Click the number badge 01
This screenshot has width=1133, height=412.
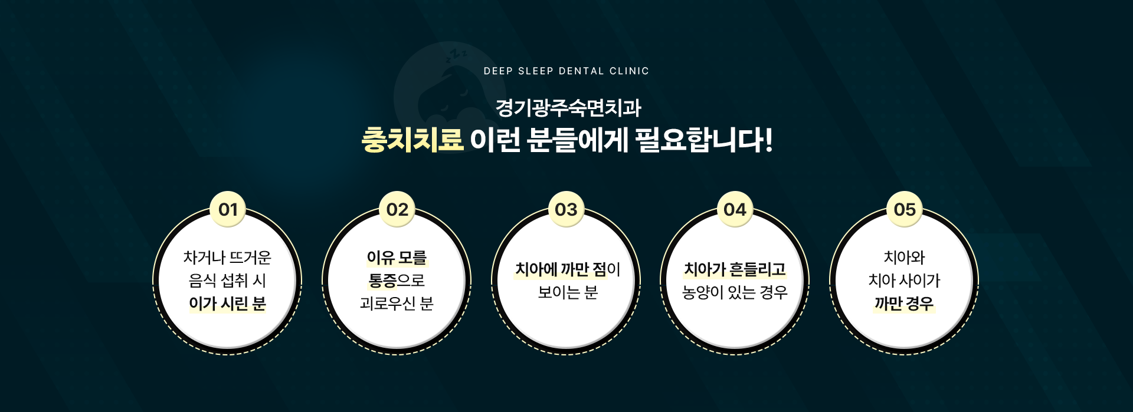click(228, 209)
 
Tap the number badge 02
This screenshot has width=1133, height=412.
click(397, 209)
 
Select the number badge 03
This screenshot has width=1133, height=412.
click(566, 209)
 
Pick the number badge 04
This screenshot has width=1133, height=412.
click(735, 209)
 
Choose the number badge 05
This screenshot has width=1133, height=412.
click(905, 209)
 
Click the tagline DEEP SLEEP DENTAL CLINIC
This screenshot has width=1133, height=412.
click(566, 71)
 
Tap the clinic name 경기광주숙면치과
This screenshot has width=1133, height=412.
click(568, 108)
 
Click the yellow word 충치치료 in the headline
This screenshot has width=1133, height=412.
click(412, 140)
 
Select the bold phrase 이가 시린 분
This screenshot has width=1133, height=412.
click(228, 304)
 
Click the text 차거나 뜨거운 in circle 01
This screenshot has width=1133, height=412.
click(227, 258)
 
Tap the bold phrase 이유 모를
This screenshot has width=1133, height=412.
click(397, 258)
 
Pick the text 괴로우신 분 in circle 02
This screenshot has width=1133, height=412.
click(397, 304)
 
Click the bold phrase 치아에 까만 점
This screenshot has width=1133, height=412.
click(561, 269)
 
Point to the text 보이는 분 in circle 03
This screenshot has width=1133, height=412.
click(568, 292)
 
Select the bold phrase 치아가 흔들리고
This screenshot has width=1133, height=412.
click(735, 269)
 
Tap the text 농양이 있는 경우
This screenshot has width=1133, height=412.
click(735, 292)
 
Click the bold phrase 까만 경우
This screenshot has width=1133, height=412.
click(904, 304)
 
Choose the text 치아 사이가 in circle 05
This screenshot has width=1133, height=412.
click(904, 281)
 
